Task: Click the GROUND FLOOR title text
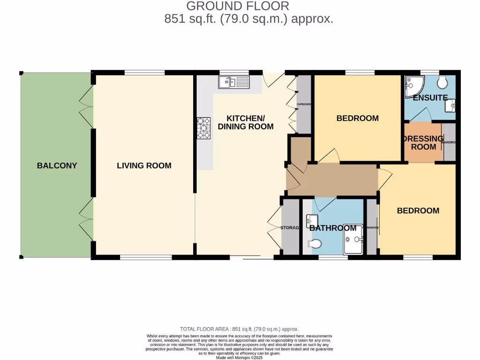point(238,6)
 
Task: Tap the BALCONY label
point(57,165)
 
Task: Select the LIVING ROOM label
point(144,165)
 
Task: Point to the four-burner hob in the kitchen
point(205,128)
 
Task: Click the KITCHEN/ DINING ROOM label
point(245,122)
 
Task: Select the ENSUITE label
point(430,98)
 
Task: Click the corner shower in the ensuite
point(414,85)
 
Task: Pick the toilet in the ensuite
point(441,82)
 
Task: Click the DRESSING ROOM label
point(423,142)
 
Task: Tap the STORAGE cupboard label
point(290,228)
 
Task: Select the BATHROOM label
point(333,228)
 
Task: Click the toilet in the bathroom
point(316,244)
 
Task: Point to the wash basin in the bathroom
point(312,219)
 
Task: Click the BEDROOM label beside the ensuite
point(357,118)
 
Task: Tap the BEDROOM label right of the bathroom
point(418,210)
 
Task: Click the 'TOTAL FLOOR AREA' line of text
point(240,329)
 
